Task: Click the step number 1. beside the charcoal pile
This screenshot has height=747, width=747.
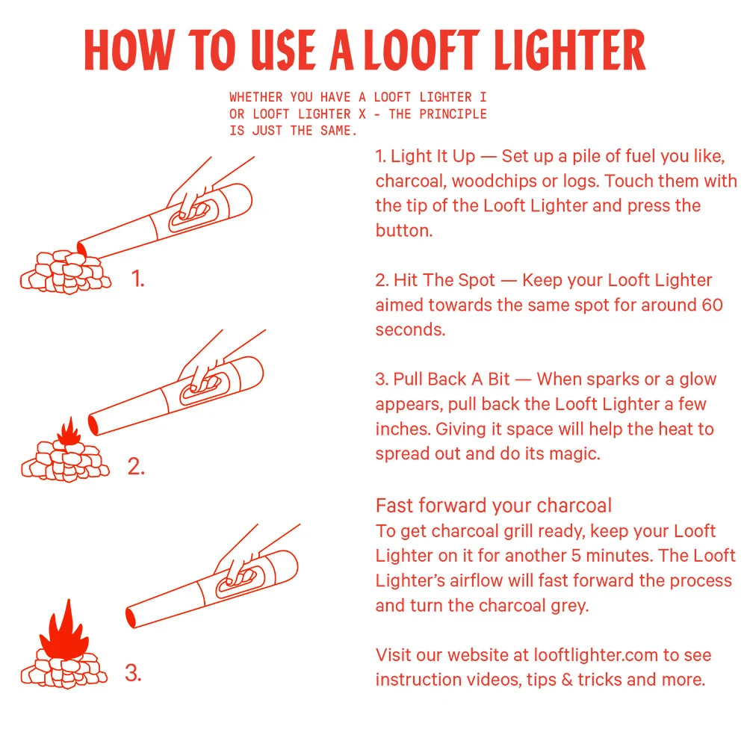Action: [137, 279]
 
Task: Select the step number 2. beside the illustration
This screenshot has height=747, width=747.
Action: [136, 468]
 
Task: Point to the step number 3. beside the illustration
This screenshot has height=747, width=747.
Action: [133, 673]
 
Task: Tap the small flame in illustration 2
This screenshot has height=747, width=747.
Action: [69, 433]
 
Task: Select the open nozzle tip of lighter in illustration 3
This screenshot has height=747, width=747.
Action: [131, 617]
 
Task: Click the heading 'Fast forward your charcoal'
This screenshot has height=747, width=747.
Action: [493, 506]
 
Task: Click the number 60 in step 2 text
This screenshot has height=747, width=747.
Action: [712, 305]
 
